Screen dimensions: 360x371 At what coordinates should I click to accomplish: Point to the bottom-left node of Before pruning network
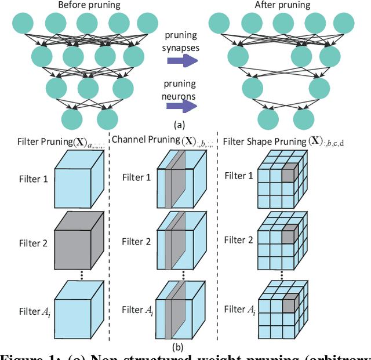click(x=72, y=119)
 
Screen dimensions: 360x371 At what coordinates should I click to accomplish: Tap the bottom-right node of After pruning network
click(x=303, y=119)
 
